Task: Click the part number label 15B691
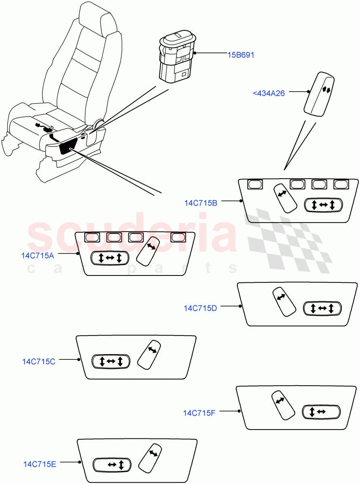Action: click(x=241, y=55)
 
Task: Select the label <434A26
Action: click(x=269, y=93)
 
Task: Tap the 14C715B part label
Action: click(x=201, y=203)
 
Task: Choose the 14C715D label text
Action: click(x=200, y=308)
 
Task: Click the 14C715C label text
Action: click(x=39, y=361)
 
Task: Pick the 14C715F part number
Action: click(x=199, y=413)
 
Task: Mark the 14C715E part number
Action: click(x=40, y=464)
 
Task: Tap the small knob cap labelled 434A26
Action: click(x=319, y=94)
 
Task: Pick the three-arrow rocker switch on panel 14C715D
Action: click(x=322, y=309)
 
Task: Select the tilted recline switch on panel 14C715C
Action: click(x=149, y=355)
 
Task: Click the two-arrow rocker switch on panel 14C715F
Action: click(x=321, y=412)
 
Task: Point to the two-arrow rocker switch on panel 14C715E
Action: click(x=112, y=465)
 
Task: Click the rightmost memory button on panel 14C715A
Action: click(x=178, y=238)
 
